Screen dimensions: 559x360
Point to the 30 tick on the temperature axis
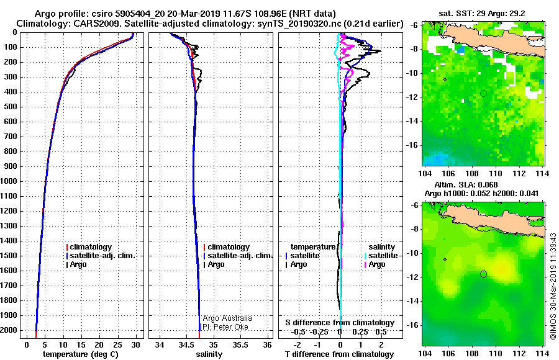point(135,344)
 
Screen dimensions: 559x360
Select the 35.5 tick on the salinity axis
point(240,344)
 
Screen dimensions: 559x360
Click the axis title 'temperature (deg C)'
point(81,354)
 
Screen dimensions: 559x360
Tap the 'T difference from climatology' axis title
point(339,354)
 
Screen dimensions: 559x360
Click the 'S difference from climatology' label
point(340,323)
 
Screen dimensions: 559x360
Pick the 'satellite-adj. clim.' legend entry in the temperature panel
point(101,256)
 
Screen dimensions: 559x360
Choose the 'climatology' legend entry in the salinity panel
point(227,246)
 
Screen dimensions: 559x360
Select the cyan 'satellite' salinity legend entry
point(381,256)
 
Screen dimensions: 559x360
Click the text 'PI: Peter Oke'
point(225,327)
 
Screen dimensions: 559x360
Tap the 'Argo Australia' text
point(227,318)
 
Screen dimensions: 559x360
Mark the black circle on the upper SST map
point(483,93)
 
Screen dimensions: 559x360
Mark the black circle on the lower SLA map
point(483,274)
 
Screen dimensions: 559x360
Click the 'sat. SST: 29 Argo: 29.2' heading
point(481,14)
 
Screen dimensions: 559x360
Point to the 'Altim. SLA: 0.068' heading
point(466,184)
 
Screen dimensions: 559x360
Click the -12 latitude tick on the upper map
point(413,97)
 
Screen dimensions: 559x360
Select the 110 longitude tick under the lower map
point(495,353)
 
